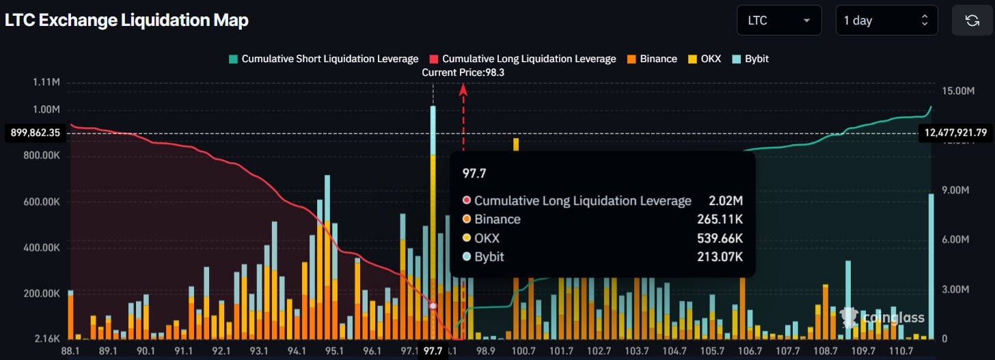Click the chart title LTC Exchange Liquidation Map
point(126,20)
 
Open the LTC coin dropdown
point(778,20)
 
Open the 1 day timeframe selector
point(886,20)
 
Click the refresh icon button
point(972,20)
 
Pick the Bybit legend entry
point(750,59)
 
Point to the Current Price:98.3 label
point(463,72)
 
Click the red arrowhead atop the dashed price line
point(463,87)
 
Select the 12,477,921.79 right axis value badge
point(957,133)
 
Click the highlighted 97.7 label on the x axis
point(433,350)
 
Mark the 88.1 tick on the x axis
point(71,350)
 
